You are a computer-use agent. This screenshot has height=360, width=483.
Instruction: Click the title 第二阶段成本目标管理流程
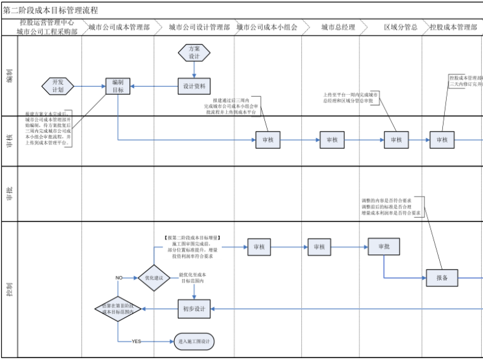(x=51, y=10)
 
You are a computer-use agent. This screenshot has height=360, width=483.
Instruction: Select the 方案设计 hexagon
(x=194, y=52)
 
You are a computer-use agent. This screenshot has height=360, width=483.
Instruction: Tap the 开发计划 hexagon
(x=58, y=86)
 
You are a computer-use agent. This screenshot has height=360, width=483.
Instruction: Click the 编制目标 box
(x=118, y=86)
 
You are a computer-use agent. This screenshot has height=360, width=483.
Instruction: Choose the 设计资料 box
(x=194, y=86)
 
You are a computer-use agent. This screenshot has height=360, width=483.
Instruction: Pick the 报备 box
(x=442, y=277)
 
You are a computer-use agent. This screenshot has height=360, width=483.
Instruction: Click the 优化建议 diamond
(x=154, y=277)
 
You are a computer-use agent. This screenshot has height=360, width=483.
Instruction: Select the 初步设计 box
(x=194, y=309)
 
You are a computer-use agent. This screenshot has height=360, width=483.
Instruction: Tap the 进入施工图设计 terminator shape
(x=194, y=342)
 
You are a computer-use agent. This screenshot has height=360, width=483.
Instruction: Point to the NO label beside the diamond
(x=119, y=278)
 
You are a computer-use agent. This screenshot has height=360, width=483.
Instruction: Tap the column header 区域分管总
(x=400, y=28)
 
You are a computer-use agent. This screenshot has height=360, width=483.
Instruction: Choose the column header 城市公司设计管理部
(x=200, y=28)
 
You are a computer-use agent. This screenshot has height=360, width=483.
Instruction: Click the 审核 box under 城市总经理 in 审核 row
(x=332, y=140)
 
